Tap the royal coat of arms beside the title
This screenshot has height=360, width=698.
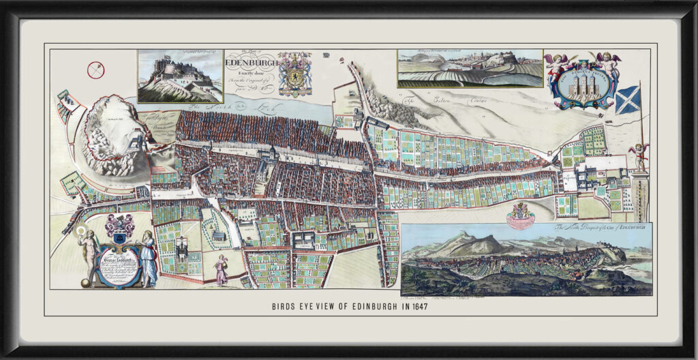coord(294,73)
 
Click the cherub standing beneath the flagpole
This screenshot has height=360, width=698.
coord(638,157)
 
